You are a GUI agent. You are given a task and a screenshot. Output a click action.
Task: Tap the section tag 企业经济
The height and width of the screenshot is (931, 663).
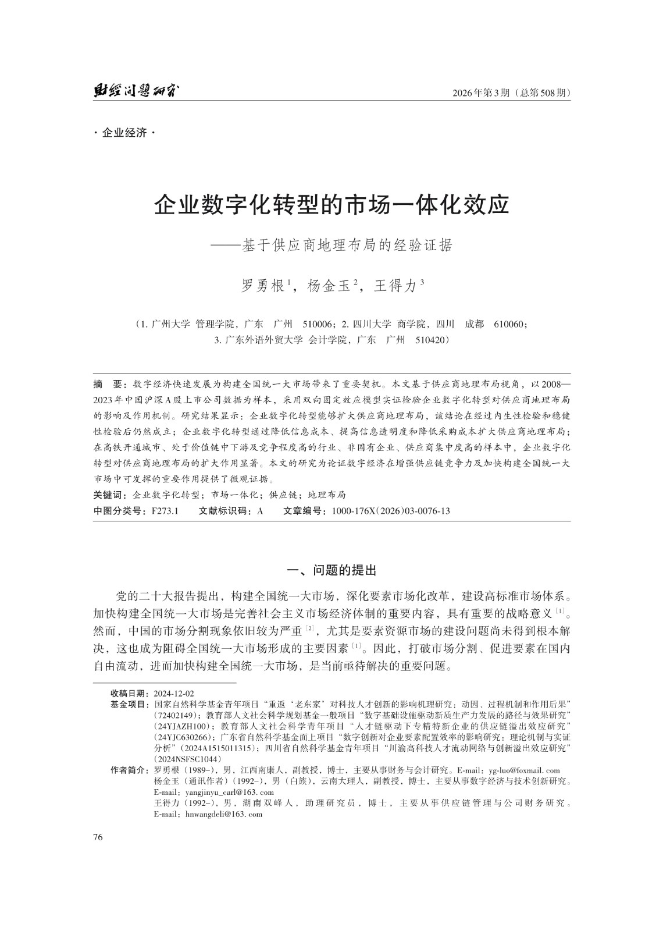pyautogui.click(x=124, y=133)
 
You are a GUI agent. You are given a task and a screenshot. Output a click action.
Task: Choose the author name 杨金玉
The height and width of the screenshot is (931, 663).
pyautogui.click(x=329, y=286)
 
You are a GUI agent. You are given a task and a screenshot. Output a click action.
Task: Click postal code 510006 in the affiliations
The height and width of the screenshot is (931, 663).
pyautogui.click(x=318, y=324)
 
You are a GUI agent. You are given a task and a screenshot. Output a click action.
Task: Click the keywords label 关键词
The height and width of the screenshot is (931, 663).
pyautogui.click(x=110, y=495)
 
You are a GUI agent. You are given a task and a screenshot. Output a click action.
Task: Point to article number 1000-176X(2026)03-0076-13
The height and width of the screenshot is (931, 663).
pyautogui.click(x=390, y=511)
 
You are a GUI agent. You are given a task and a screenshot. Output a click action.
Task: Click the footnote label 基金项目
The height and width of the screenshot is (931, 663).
pyautogui.click(x=129, y=703)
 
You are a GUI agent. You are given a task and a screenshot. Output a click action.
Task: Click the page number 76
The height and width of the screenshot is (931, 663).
pyautogui.click(x=98, y=837)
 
